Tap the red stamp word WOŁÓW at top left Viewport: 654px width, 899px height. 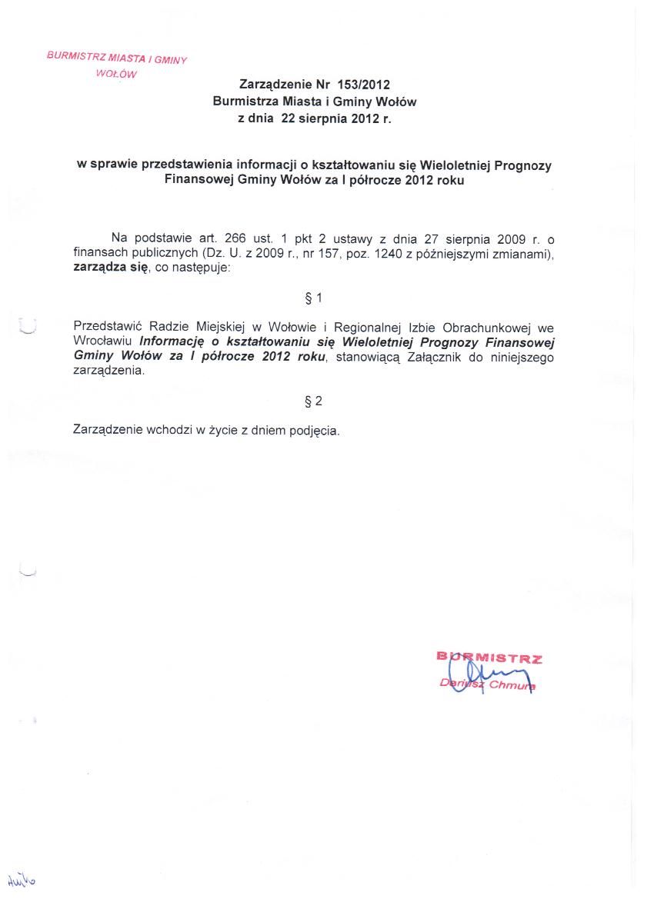116,75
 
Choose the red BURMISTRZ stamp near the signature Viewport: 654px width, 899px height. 489,658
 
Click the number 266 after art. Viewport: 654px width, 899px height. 234,238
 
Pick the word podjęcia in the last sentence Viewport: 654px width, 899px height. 314,430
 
